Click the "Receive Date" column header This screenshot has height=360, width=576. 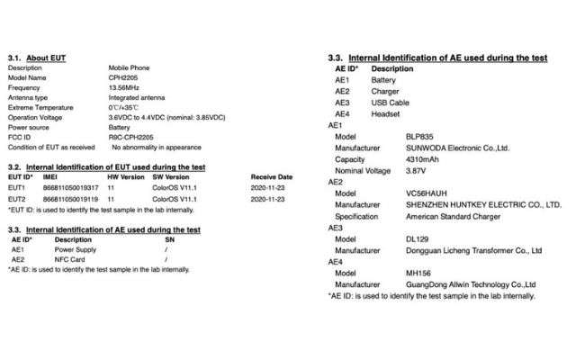(x=272, y=177)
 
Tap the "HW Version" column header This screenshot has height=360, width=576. (x=125, y=177)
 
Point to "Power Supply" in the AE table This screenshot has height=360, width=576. (x=76, y=250)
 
